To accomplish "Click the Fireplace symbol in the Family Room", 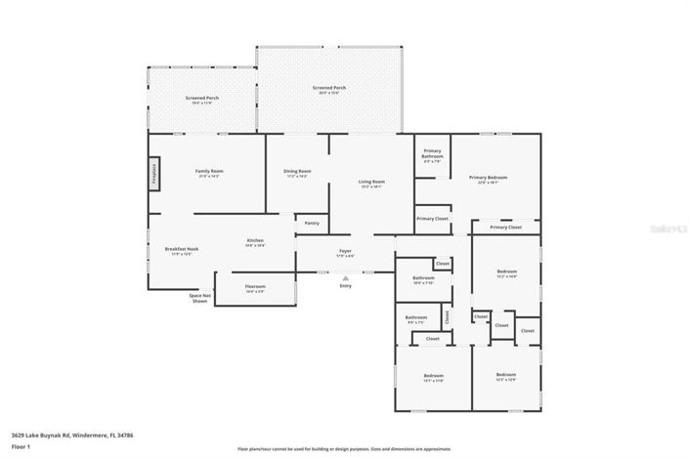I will point(154,173).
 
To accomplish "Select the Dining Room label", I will point(297,172).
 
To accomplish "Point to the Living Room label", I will point(371,182).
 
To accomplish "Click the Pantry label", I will point(312,223).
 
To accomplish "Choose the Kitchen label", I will point(254,240).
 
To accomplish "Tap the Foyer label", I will point(345,252).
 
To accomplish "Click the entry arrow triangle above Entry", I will point(345,277).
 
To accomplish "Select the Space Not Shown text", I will point(199,299).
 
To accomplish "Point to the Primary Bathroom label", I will point(432,153).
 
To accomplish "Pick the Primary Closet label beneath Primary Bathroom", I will point(431,219).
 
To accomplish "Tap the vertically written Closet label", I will point(448,316).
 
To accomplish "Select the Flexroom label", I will point(255,287).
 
